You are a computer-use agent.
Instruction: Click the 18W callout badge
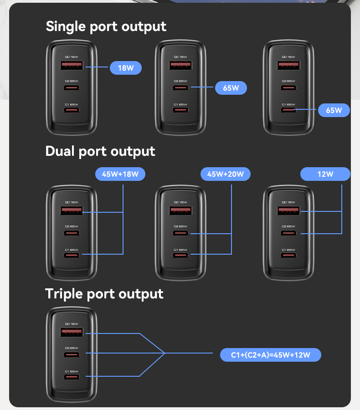tap(126, 68)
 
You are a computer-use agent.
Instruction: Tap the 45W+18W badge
tap(120, 174)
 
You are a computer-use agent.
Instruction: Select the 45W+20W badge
tap(226, 174)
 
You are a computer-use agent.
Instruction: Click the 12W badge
tap(325, 174)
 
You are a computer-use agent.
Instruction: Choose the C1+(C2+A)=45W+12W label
tap(270, 355)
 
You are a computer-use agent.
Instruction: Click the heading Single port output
tap(106, 26)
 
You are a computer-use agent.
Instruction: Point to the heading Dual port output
tap(100, 151)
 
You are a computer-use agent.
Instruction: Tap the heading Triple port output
tap(104, 294)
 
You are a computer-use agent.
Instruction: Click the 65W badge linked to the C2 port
tap(231, 88)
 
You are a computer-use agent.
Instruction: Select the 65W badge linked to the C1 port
tap(334, 110)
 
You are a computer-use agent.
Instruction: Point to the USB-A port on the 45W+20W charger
tap(181, 210)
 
